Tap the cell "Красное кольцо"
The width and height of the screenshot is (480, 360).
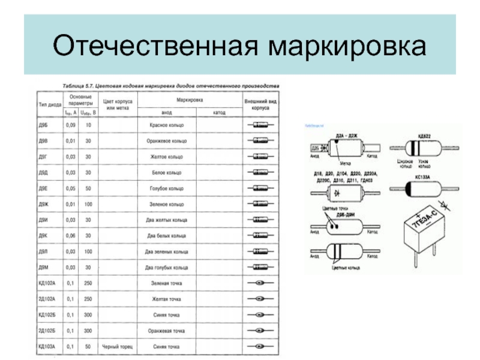point(167,125)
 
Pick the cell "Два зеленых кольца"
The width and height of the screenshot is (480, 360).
point(167,251)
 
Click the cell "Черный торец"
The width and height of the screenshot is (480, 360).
point(117,347)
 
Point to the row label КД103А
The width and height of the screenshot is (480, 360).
point(47,347)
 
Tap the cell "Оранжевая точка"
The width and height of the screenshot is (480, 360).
point(167,331)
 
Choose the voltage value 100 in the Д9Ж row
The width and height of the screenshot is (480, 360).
point(88,204)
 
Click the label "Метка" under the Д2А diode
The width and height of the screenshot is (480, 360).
point(344,163)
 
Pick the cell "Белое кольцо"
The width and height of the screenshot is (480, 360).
point(167,172)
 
